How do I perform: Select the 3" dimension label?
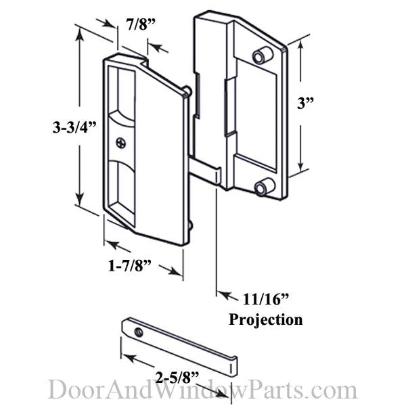(307, 104)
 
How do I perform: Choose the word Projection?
(267, 319)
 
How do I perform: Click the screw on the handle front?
(121, 143)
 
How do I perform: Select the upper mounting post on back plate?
(260, 55)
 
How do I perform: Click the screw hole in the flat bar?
(138, 332)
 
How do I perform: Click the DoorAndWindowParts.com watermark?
(202, 390)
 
